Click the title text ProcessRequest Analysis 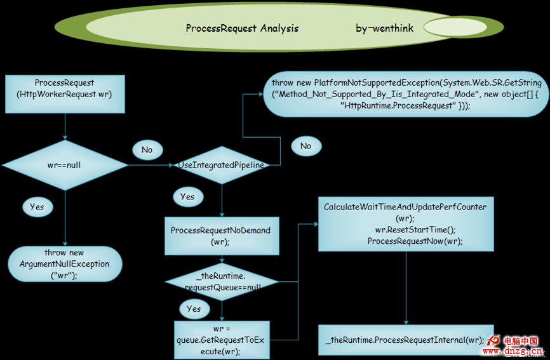242,28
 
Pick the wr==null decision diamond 64,164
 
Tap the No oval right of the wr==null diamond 147,150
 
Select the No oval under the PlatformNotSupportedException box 305,146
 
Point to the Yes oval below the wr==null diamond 37,207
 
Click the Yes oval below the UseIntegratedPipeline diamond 187,197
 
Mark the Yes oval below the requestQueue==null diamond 194,309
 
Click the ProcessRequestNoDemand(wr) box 220,236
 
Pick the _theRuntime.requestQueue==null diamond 222,282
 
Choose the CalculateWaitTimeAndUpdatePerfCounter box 405,224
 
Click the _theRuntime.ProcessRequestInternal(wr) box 405,340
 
